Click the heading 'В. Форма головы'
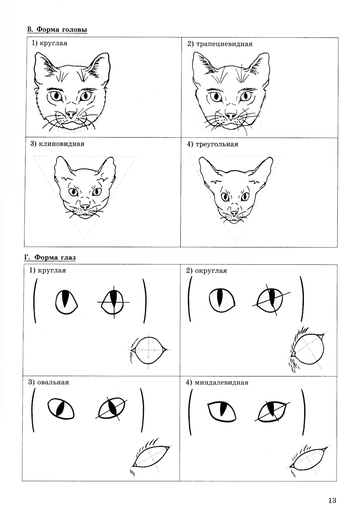(x=57, y=30)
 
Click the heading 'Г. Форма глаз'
(x=50, y=258)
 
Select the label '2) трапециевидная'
(x=220, y=44)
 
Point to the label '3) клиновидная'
(x=58, y=144)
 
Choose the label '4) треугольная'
(x=212, y=144)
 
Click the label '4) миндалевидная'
(x=217, y=383)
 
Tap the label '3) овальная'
(x=49, y=382)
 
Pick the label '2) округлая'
(x=207, y=271)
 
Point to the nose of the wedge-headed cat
(x=85, y=207)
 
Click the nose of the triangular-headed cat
(x=234, y=213)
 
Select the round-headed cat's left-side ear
(x=45, y=67)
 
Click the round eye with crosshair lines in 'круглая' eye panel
(x=113, y=302)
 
